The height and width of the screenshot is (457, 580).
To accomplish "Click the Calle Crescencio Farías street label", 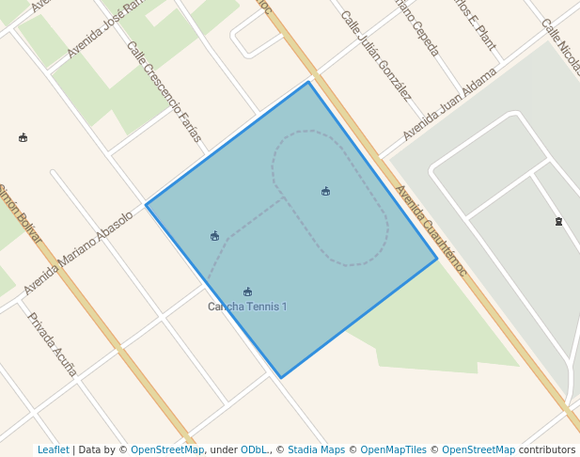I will click(x=164, y=91).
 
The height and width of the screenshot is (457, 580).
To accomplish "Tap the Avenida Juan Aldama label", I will click(x=449, y=103).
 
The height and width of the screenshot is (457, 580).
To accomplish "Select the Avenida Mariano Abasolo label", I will click(x=78, y=252).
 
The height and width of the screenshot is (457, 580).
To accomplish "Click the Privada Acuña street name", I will click(x=51, y=344).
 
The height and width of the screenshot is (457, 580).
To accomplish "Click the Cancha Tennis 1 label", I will click(x=247, y=307).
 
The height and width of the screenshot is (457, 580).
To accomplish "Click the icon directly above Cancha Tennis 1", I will click(x=247, y=292).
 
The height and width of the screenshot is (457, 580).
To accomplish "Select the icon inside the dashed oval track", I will click(x=325, y=191).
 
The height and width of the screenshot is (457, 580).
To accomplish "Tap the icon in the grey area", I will click(x=558, y=222).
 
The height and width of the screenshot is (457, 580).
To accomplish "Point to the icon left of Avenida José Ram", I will click(x=23, y=137).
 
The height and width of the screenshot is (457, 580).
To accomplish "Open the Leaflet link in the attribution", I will click(x=53, y=449).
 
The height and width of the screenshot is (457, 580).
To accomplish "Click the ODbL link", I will click(x=254, y=449).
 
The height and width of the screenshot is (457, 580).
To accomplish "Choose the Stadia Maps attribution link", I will click(x=316, y=449).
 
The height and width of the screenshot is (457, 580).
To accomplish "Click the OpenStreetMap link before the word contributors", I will click(x=478, y=449).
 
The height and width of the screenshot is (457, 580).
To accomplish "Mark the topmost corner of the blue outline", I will click(x=308, y=83).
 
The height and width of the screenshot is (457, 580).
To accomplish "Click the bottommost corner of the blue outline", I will click(x=280, y=378).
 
